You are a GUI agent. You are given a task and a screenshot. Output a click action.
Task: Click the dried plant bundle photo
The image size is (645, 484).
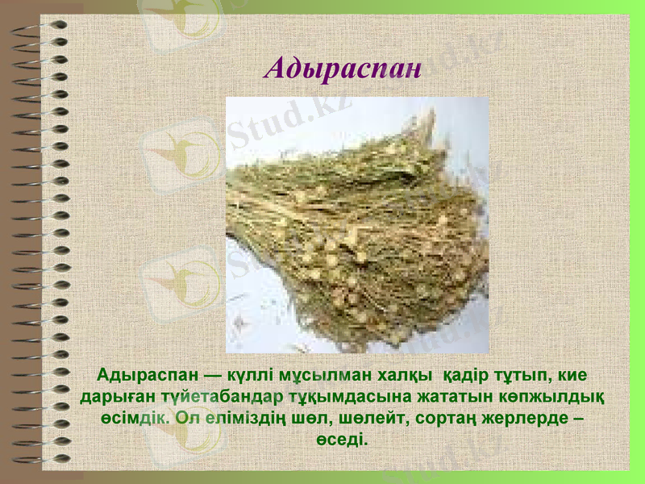357,225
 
